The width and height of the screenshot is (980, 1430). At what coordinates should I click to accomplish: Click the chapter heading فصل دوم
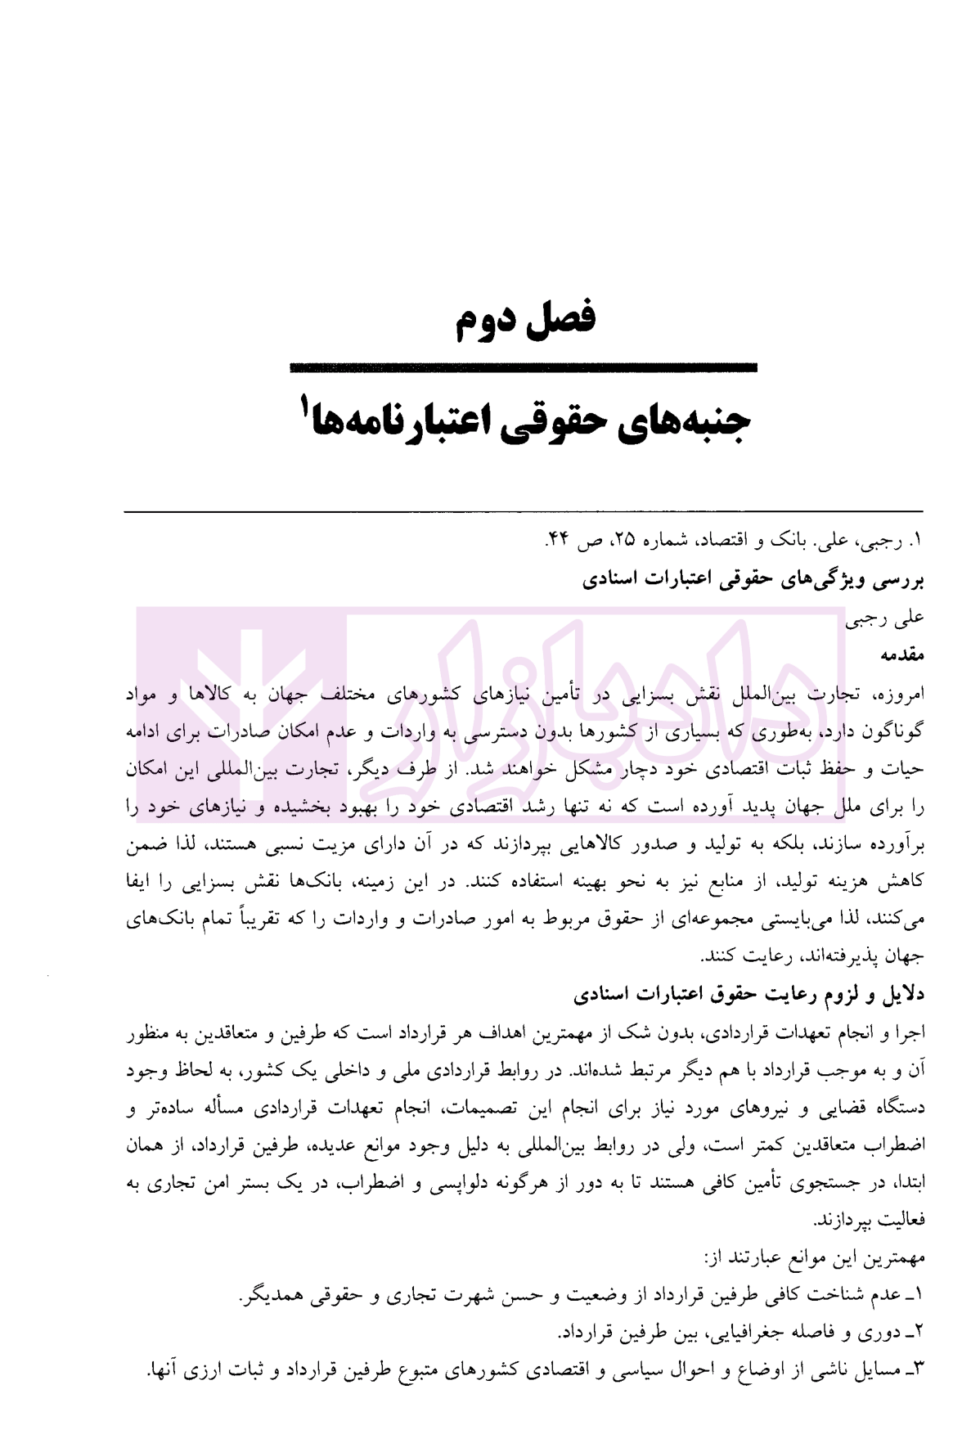524,317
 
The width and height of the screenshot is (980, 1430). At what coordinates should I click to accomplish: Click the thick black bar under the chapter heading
524,369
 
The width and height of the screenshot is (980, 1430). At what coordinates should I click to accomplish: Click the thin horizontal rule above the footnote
524,512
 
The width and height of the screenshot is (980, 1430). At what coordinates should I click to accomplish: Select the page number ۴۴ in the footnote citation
556,541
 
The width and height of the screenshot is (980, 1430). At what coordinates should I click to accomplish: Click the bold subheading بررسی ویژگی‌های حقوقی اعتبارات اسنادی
753,579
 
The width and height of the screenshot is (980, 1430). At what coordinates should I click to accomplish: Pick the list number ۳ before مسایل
918,1369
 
